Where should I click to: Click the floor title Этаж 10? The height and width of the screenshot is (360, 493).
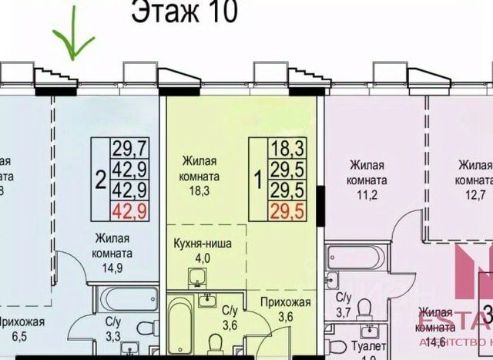click(184, 13)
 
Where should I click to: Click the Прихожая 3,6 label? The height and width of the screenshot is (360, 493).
click(285, 308)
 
